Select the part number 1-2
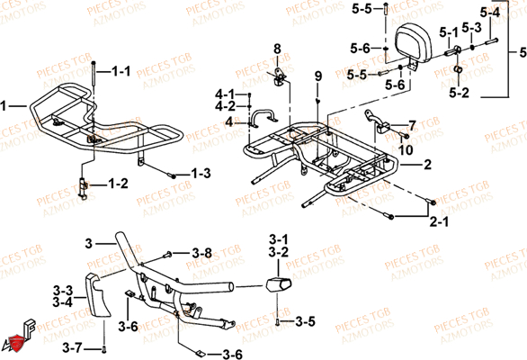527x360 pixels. point(119,184)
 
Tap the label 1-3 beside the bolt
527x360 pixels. point(200,173)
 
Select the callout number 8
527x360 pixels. point(277,48)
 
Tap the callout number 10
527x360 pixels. point(406,148)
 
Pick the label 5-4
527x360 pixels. point(489,13)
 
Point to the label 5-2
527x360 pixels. point(458,92)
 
